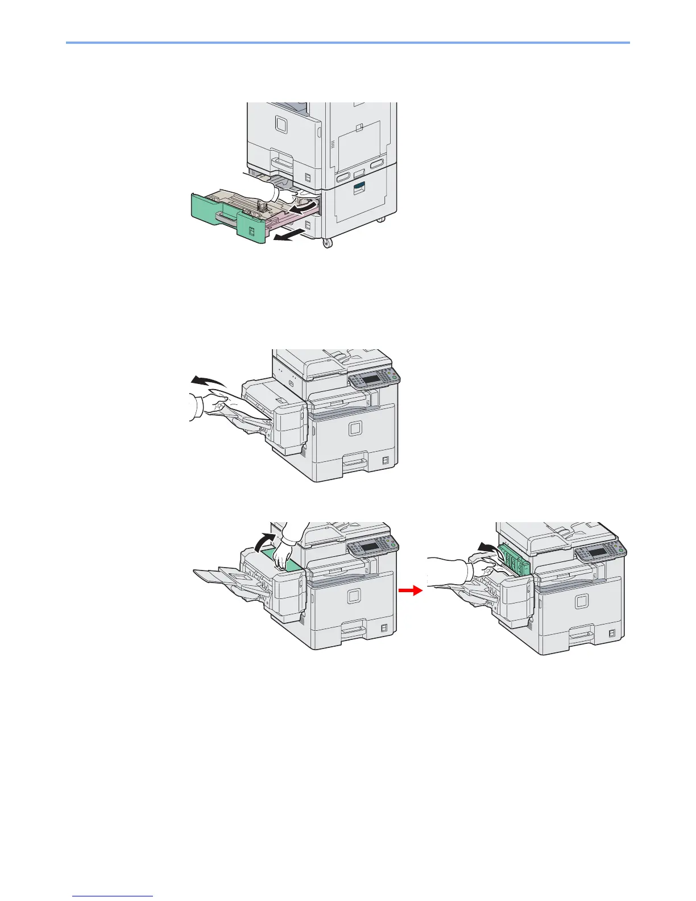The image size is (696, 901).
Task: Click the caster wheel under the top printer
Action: pos(327,243)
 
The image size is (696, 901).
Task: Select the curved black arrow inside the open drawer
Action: pos(301,210)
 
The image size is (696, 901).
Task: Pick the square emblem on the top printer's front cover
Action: pos(280,124)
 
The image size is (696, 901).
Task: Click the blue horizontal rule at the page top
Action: pos(348,42)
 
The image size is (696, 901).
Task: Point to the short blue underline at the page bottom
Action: pos(113,896)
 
